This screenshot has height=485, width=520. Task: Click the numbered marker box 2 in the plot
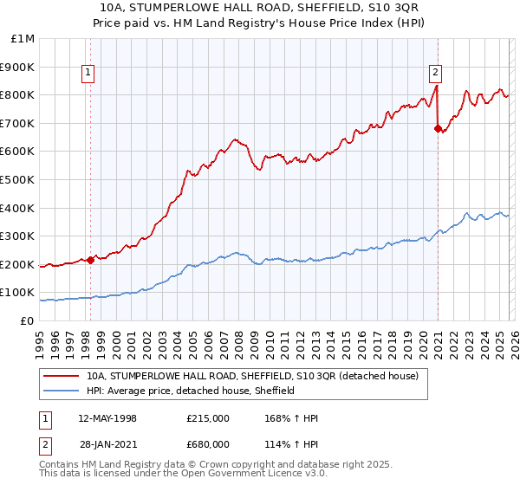click(435, 74)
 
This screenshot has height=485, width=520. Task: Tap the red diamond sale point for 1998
click(91, 259)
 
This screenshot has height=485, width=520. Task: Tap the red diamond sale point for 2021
click(438, 128)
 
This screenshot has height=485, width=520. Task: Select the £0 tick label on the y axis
click(27, 320)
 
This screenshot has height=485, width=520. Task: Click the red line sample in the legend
click(62, 376)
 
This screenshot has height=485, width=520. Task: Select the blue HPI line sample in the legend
click(62, 391)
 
